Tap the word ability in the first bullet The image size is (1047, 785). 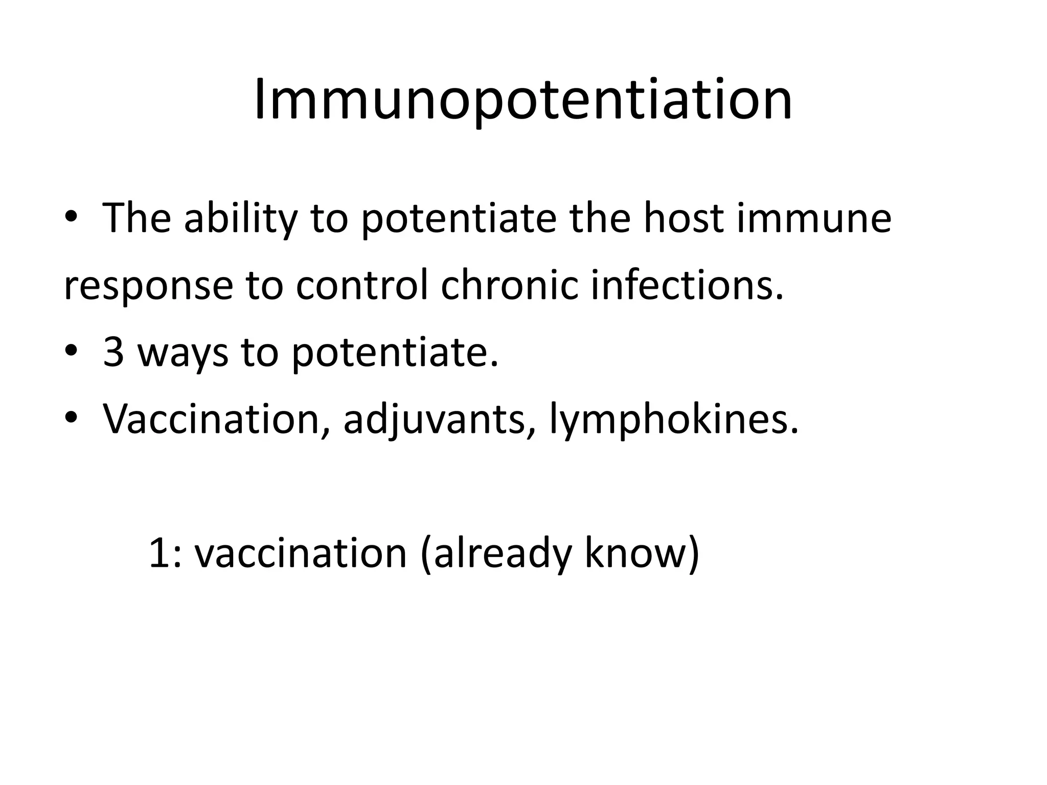[x=240, y=219]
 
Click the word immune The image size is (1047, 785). [x=813, y=219]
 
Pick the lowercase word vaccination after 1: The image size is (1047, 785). [x=301, y=553]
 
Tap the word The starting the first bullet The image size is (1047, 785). [x=136, y=219]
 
